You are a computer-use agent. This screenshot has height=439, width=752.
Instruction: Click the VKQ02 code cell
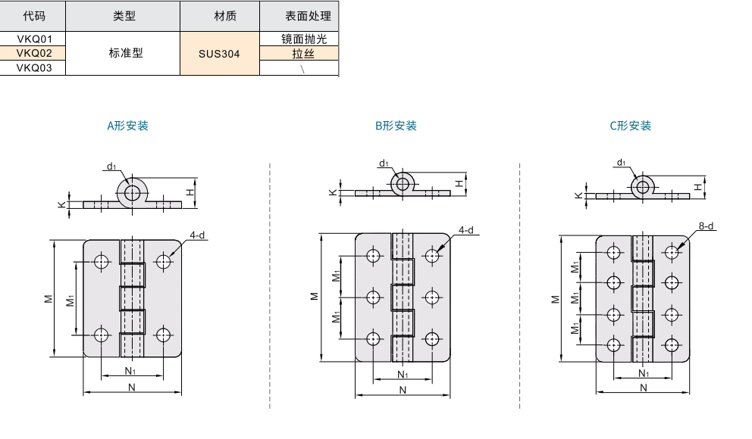click(33, 53)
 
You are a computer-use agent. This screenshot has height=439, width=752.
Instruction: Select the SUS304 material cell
click(219, 53)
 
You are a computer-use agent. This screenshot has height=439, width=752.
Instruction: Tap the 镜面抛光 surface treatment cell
click(298, 39)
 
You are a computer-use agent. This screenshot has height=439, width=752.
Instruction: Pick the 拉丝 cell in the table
click(298, 53)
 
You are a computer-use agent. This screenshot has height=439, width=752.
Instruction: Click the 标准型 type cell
click(126, 53)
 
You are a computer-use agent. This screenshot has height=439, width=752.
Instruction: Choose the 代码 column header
click(33, 16)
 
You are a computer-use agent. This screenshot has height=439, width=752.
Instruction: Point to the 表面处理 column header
click(298, 16)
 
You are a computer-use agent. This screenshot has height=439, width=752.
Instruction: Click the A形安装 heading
click(127, 126)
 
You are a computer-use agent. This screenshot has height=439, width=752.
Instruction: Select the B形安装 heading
click(396, 126)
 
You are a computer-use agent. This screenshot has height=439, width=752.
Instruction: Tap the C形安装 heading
click(631, 126)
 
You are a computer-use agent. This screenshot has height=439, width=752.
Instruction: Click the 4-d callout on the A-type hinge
click(198, 235)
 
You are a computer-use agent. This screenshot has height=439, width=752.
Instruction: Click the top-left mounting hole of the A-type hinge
click(102, 262)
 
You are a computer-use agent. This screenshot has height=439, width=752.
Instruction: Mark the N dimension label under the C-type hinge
click(643, 388)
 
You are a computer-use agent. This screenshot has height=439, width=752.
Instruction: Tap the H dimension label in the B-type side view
click(459, 183)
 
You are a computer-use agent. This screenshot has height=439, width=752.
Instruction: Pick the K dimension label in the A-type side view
click(61, 204)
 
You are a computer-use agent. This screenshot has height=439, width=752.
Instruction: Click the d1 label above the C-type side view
click(622, 162)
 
